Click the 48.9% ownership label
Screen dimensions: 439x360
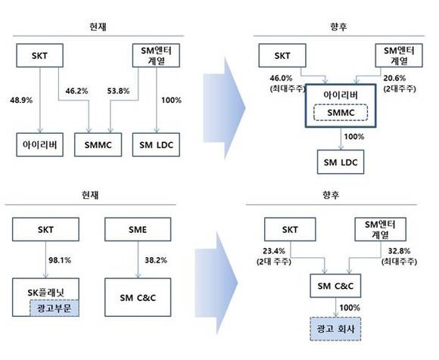pyautogui.click(x=21, y=100)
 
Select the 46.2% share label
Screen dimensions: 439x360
pyautogui.click(x=76, y=91)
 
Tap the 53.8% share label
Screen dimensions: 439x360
pyautogui.click(x=118, y=91)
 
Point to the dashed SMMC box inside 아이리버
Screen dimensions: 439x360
pyautogui.click(x=341, y=113)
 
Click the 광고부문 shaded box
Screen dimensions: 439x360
pyautogui.click(x=54, y=308)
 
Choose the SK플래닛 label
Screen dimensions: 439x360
pyautogui.click(x=45, y=292)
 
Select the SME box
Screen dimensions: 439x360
pyautogui.click(x=138, y=229)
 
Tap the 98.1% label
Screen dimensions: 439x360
pyautogui.click(x=60, y=260)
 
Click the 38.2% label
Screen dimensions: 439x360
pyautogui.click(x=156, y=260)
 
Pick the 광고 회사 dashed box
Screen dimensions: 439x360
pyautogui.click(x=335, y=329)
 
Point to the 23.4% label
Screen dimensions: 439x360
pyautogui.click(x=274, y=251)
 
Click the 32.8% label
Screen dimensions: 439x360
pyautogui.click(x=399, y=251)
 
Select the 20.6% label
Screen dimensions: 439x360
pyautogui.click(x=394, y=78)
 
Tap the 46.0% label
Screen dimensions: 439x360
pyautogui.click(x=281, y=78)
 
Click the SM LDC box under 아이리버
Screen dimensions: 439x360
pyautogui.click(x=341, y=162)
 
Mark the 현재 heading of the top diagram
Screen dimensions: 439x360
pyautogui.click(x=98, y=26)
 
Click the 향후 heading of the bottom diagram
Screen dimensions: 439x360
pyautogui.click(x=331, y=194)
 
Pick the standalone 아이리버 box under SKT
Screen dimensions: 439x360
pyautogui.click(x=40, y=144)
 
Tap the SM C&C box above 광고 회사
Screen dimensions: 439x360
pyautogui.click(x=335, y=286)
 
